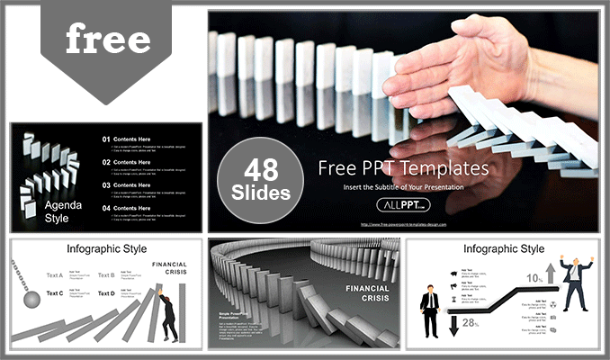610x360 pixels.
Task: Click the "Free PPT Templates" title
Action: (404, 168)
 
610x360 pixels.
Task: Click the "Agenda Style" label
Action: (63, 211)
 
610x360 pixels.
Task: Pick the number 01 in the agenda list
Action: (106, 139)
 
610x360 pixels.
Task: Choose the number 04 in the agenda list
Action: (106, 208)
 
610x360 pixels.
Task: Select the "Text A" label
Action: (55, 275)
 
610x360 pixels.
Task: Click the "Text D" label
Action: (106, 293)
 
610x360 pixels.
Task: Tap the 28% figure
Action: (469, 322)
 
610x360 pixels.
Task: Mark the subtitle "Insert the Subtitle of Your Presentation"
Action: (404, 187)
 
